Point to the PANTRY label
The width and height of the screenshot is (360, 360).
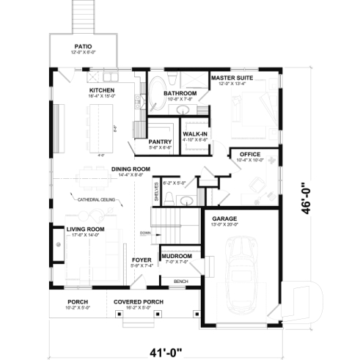(x=160, y=142)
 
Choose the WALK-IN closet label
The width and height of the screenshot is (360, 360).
(x=194, y=133)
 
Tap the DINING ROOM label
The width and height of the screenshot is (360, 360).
(x=131, y=169)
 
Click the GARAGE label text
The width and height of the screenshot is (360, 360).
(x=224, y=218)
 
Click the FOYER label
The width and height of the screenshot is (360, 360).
(x=142, y=260)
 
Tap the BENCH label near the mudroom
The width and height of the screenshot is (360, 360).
(x=180, y=281)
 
